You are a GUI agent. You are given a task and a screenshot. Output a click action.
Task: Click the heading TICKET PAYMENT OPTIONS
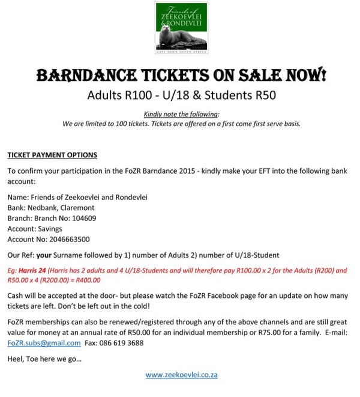(52, 155)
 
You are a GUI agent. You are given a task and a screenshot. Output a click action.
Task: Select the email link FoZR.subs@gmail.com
(44, 343)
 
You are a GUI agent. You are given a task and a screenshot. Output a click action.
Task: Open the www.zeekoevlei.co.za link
(181, 374)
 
